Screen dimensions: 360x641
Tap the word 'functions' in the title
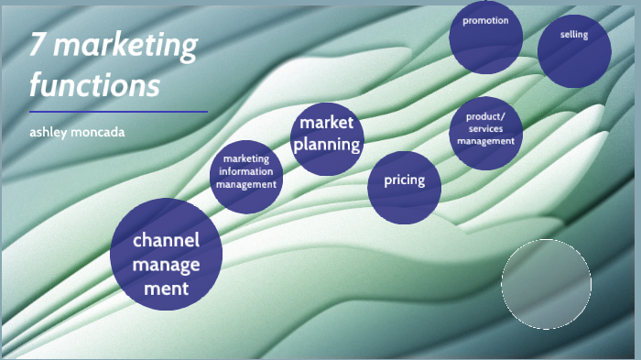(x=94, y=85)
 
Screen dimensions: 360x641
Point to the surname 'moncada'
(x=101, y=132)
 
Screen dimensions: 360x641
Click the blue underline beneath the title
(x=118, y=112)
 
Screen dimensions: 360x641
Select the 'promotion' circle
(x=485, y=37)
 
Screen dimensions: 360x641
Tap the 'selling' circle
(x=574, y=50)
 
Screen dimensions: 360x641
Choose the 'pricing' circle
(x=404, y=187)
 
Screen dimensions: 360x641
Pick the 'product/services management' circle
(x=486, y=133)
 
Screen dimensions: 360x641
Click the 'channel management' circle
(x=166, y=254)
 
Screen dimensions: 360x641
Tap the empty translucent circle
(x=546, y=284)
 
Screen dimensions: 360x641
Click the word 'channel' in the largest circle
(x=166, y=242)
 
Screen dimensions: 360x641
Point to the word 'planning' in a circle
(x=327, y=144)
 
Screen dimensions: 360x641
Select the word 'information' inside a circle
(x=245, y=171)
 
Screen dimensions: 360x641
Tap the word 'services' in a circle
(x=486, y=129)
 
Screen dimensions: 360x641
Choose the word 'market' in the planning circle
(x=327, y=123)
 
